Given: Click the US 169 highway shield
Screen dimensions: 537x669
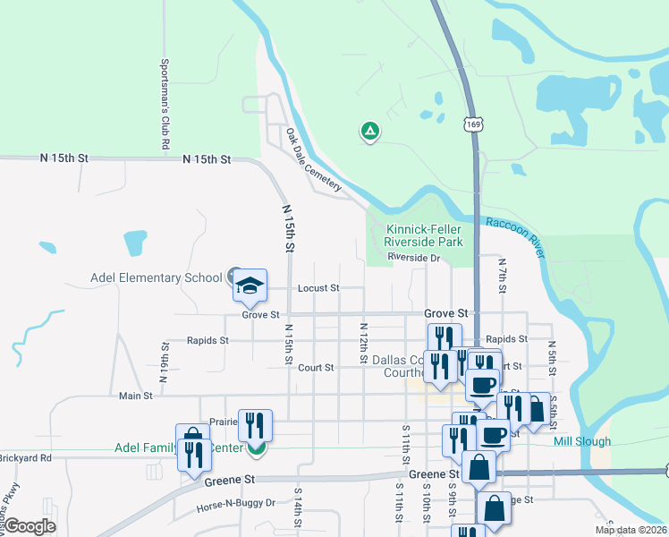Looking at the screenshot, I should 473,124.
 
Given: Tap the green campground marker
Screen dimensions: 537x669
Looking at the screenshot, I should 369,132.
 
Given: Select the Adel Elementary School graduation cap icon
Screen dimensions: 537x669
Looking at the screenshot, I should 250,286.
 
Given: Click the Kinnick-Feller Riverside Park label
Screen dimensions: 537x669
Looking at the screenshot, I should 424,236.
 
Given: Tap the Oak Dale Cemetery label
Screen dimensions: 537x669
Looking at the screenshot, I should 314,160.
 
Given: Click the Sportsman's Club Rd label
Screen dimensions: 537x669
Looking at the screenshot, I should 165,104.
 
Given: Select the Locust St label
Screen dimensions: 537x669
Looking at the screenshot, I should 319,288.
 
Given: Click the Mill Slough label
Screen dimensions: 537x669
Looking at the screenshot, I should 582,441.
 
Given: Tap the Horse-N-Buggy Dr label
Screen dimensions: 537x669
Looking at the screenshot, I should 235,505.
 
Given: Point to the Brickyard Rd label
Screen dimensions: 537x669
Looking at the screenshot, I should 26,457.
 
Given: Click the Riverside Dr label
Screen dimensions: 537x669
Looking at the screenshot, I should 415,258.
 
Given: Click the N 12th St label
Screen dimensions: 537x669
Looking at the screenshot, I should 364,344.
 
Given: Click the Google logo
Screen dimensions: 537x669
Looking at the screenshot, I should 30,526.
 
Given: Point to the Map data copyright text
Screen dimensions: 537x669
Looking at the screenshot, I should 631,530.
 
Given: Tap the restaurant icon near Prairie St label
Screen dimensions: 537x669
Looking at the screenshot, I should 255,425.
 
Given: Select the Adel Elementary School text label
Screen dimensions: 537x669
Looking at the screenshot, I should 157,277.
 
